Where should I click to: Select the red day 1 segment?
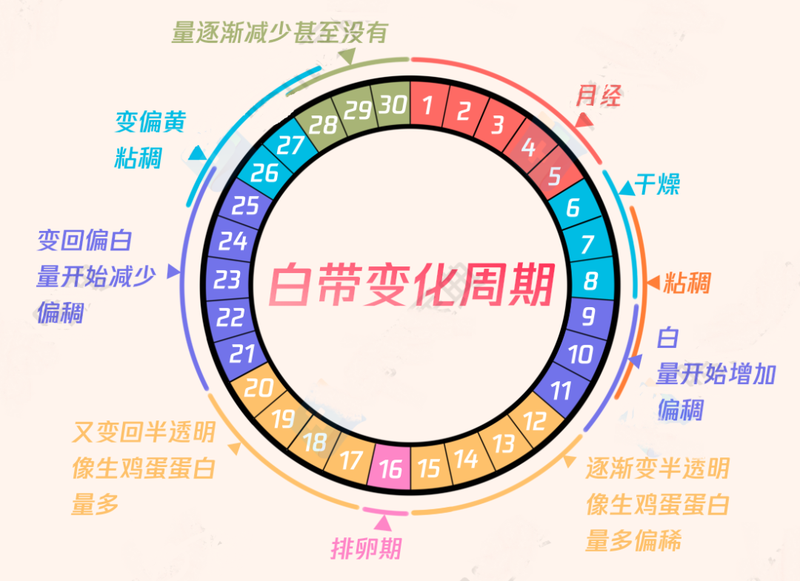click(x=429, y=104)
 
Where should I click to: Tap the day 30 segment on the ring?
click(x=391, y=104)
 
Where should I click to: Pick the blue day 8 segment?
click(x=591, y=280)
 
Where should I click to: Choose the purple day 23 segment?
click(x=229, y=280)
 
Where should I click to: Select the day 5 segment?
click(x=555, y=175)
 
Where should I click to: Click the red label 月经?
click(x=599, y=95)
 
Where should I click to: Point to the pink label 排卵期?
click(x=367, y=548)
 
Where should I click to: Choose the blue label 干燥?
click(x=657, y=184)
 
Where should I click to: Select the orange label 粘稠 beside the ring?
click(x=687, y=282)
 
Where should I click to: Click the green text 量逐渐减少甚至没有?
click(x=279, y=33)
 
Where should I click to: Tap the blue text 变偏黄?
click(x=150, y=121)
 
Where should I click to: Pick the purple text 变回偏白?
click(x=84, y=240)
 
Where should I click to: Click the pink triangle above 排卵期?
click(x=383, y=523)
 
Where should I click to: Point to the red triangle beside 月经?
click(x=584, y=121)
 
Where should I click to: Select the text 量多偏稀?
click(x=633, y=540)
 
